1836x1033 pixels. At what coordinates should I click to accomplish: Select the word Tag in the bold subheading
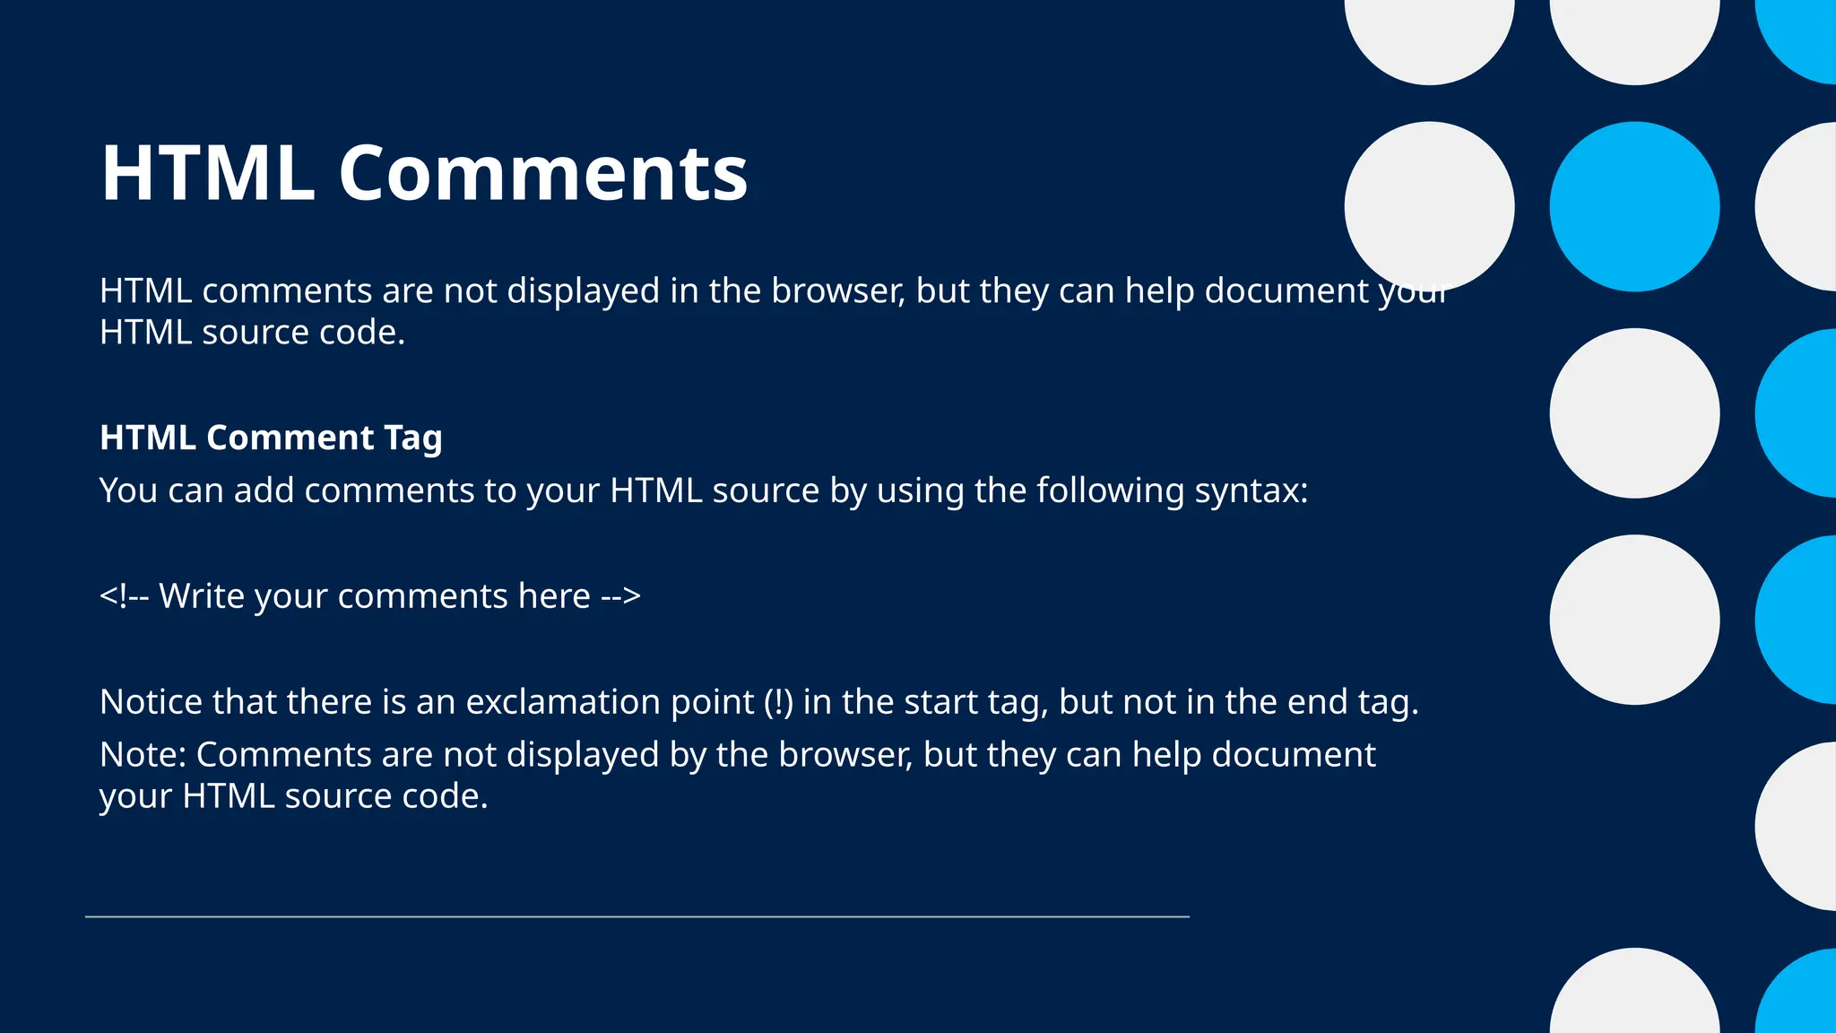[413, 438]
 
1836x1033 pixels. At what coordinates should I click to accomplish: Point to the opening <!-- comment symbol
[124, 596]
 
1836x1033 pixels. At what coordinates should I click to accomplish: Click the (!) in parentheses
[778, 702]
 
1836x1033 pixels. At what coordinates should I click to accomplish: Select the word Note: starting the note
[143, 755]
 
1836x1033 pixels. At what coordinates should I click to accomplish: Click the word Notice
[151, 702]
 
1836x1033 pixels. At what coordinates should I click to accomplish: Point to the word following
[1110, 491]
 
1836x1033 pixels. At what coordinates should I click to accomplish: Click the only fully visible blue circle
[1634, 206]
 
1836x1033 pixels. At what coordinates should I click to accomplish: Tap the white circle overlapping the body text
[1429, 206]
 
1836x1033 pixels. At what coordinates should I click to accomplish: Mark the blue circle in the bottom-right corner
[1802, 995]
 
